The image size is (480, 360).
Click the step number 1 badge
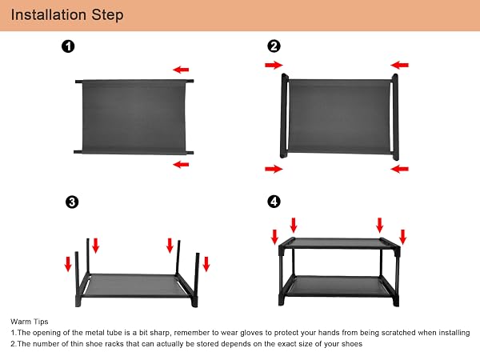[x=68, y=46]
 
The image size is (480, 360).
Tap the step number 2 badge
[x=274, y=46]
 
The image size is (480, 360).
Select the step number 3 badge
[x=72, y=202]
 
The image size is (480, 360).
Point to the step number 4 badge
[x=274, y=202]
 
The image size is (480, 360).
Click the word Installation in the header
[x=48, y=14]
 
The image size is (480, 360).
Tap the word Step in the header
[x=107, y=15]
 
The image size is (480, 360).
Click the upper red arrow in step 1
[x=181, y=70]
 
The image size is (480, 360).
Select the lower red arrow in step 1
[x=181, y=165]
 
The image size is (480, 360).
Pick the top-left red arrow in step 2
[x=274, y=65]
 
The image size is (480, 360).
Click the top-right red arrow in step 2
[x=399, y=65]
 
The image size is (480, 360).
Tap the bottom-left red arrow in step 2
[x=274, y=169]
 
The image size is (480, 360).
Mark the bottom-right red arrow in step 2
[x=399, y=169]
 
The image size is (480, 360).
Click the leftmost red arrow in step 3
[x=68, y=264]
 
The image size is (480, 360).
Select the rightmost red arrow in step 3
[x=206, y=264]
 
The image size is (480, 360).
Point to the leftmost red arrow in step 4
[x=274, y=237]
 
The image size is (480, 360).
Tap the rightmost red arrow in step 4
[x=403, y=237]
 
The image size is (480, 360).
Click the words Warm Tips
[x=30, y=322]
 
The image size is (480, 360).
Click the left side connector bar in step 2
[x=284, y=116]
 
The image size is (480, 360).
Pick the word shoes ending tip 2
[x=351, y=344]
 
